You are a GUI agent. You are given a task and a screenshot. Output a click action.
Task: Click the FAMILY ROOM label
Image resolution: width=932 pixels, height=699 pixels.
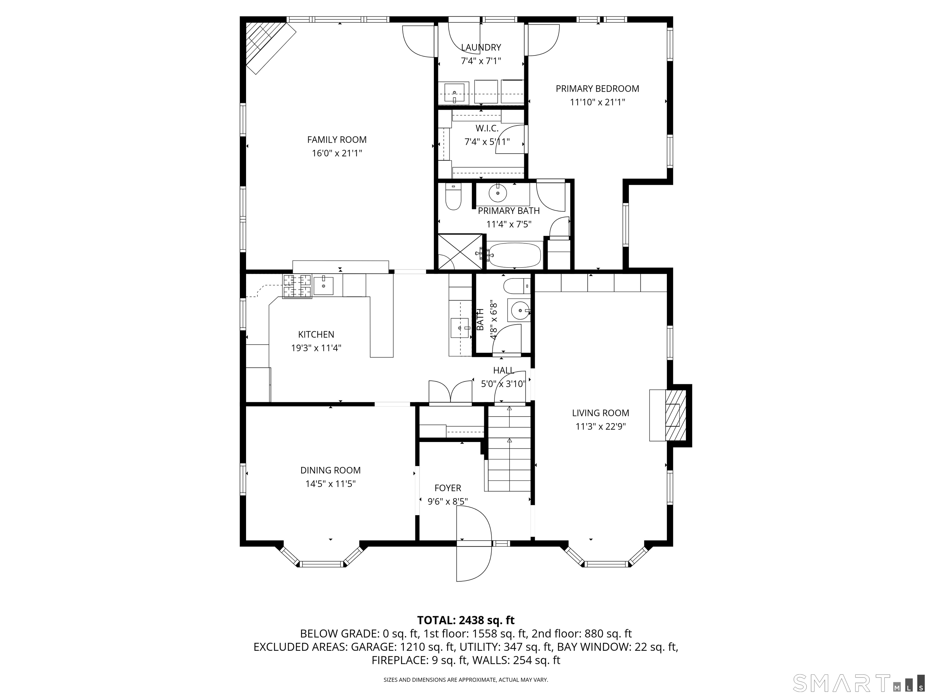[x=337, y=140]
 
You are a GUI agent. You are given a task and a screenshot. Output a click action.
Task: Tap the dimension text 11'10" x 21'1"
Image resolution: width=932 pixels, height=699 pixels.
[x=597, y=102]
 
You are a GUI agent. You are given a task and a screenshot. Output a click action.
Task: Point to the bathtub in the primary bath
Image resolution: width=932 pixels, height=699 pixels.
[x=515, y=255]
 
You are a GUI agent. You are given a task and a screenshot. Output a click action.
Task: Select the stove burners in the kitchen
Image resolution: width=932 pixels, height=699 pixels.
[x=297, y=286]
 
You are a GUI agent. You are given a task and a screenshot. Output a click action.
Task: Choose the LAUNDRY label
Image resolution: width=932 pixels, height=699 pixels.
[x=481, y=48]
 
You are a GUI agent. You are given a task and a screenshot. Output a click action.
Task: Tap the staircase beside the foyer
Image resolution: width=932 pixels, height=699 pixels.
[x=509, y=448]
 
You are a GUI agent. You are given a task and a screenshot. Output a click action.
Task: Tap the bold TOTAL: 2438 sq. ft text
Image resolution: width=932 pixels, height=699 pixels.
[x=466, y=620]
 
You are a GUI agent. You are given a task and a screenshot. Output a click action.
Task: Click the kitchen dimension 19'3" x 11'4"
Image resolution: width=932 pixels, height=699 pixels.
[x=316, y=348]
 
